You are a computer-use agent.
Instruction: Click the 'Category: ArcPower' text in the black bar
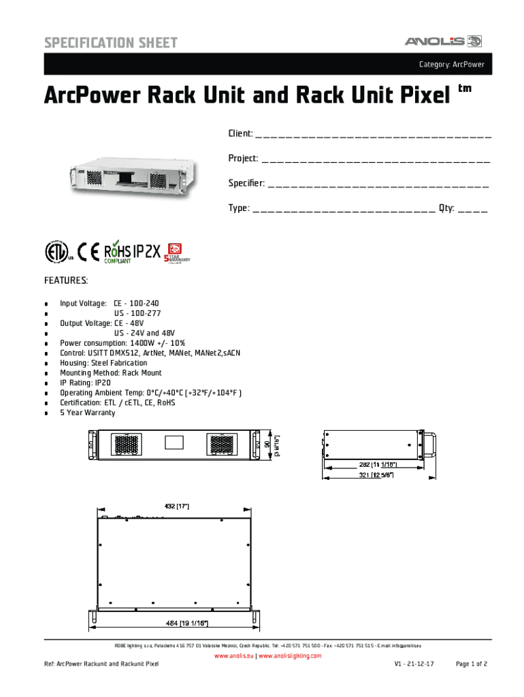[x=451, y=65]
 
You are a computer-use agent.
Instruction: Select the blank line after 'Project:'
[x=376, y=160]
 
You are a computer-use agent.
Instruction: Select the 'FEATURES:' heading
[x=66, y=281]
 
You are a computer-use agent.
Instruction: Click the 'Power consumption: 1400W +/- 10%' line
[x=122, y=344]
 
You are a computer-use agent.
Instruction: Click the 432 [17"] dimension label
[x=176, y=506]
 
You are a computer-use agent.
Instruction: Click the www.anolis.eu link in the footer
[x=233, y=655]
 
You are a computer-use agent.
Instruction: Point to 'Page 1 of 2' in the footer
[x=471, y=664]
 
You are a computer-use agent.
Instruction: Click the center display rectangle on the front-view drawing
[x=175, y=442]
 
